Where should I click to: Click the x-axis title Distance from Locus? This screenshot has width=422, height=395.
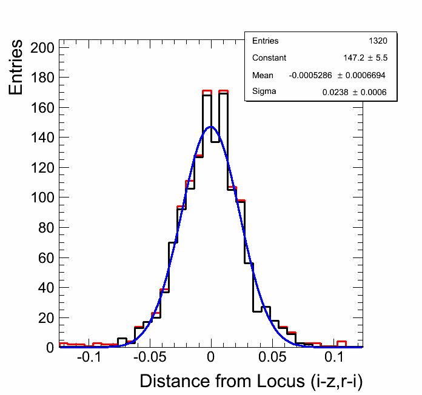[251, 381]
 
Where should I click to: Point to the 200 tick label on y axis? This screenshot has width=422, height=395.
[43, 48]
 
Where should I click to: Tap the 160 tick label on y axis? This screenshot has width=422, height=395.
[43, 108]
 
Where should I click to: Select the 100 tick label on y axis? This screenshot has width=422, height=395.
[43, 198]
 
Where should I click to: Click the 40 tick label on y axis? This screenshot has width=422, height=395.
[47, 287]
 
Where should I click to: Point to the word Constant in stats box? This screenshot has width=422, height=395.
[269, 58]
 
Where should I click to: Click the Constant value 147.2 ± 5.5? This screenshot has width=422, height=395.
[365, 58]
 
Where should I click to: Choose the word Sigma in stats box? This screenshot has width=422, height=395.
[264, 92]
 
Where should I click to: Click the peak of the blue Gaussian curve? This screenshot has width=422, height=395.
[210, 127]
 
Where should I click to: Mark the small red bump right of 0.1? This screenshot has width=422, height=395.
[341, 343]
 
